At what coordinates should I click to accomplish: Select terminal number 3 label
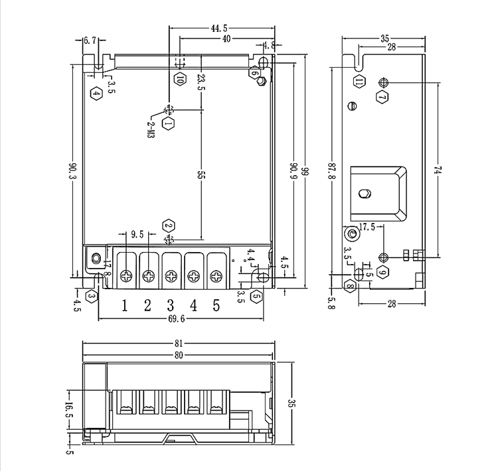tap(171, 305)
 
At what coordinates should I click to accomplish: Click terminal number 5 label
tap(216, 305)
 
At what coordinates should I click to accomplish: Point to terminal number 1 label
tap(125, 305)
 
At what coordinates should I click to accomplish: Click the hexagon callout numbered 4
tap(96, 93)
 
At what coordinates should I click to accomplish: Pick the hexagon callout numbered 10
tap(180, 78)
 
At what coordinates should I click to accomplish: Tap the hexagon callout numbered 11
tap(359, 82)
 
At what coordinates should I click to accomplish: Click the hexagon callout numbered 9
tap(382, 272)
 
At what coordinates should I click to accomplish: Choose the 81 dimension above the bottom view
tap(178, 344)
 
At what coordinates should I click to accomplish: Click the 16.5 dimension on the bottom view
tap(69, 411)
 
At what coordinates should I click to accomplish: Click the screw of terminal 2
tap(149, 275)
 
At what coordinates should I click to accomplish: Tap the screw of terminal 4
tap(193, 275)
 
